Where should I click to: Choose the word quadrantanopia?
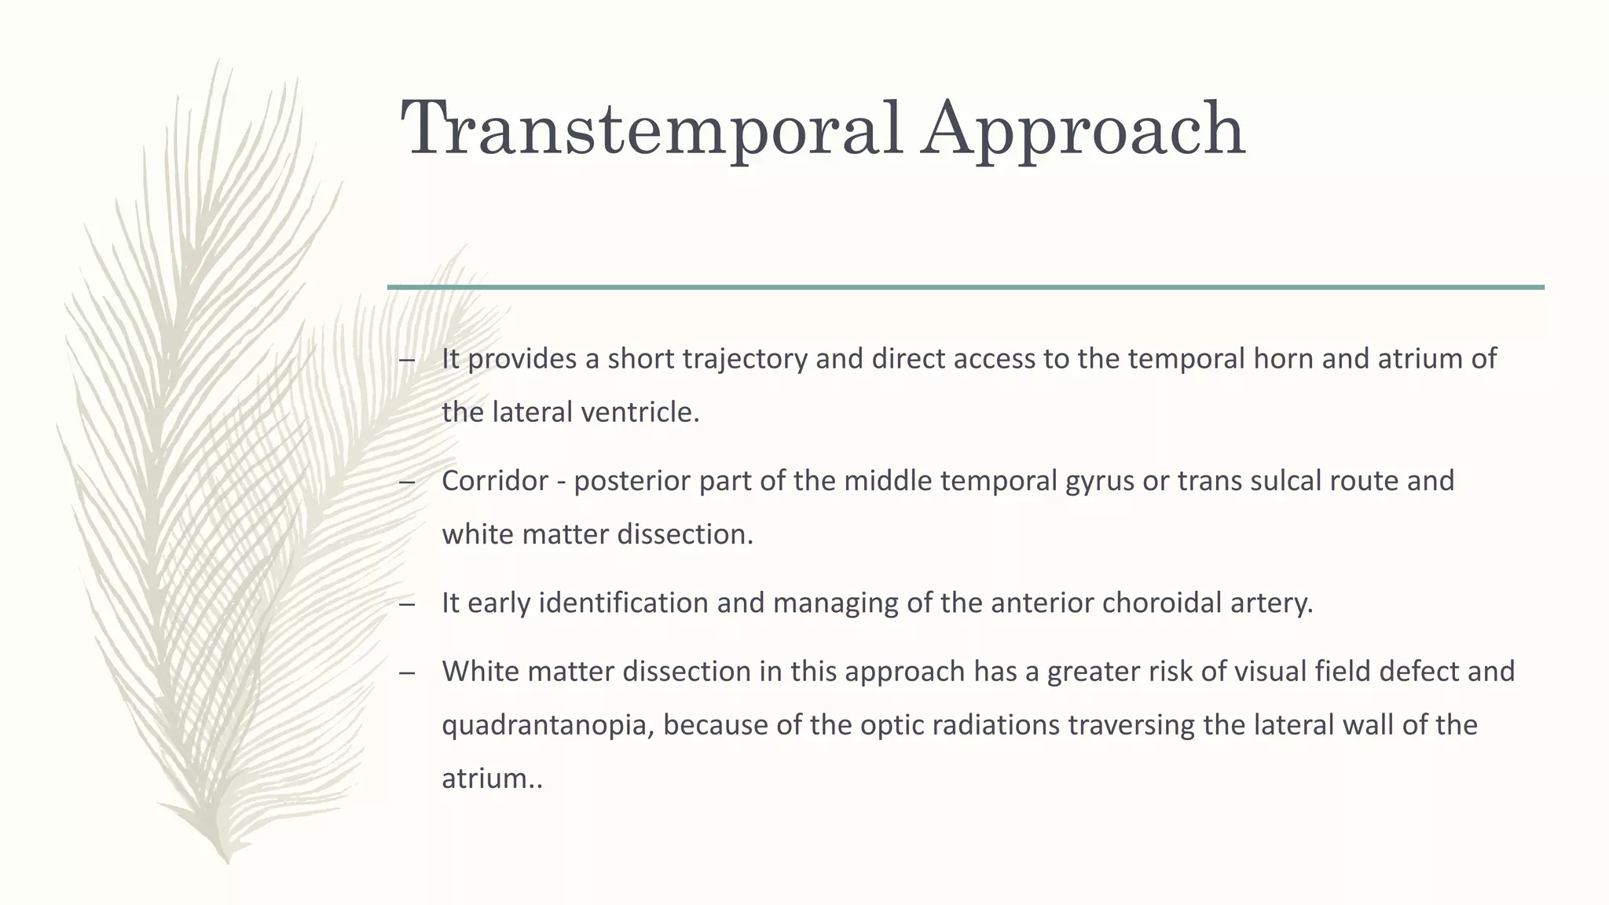pyautogui.click(x=548, y=725)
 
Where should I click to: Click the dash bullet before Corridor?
pyautogui.click(x=406, y=482)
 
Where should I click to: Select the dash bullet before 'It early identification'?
pyautogui.click(x=406, y=604)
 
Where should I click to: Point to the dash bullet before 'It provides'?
pyautogui.click(x=406, y=360)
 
